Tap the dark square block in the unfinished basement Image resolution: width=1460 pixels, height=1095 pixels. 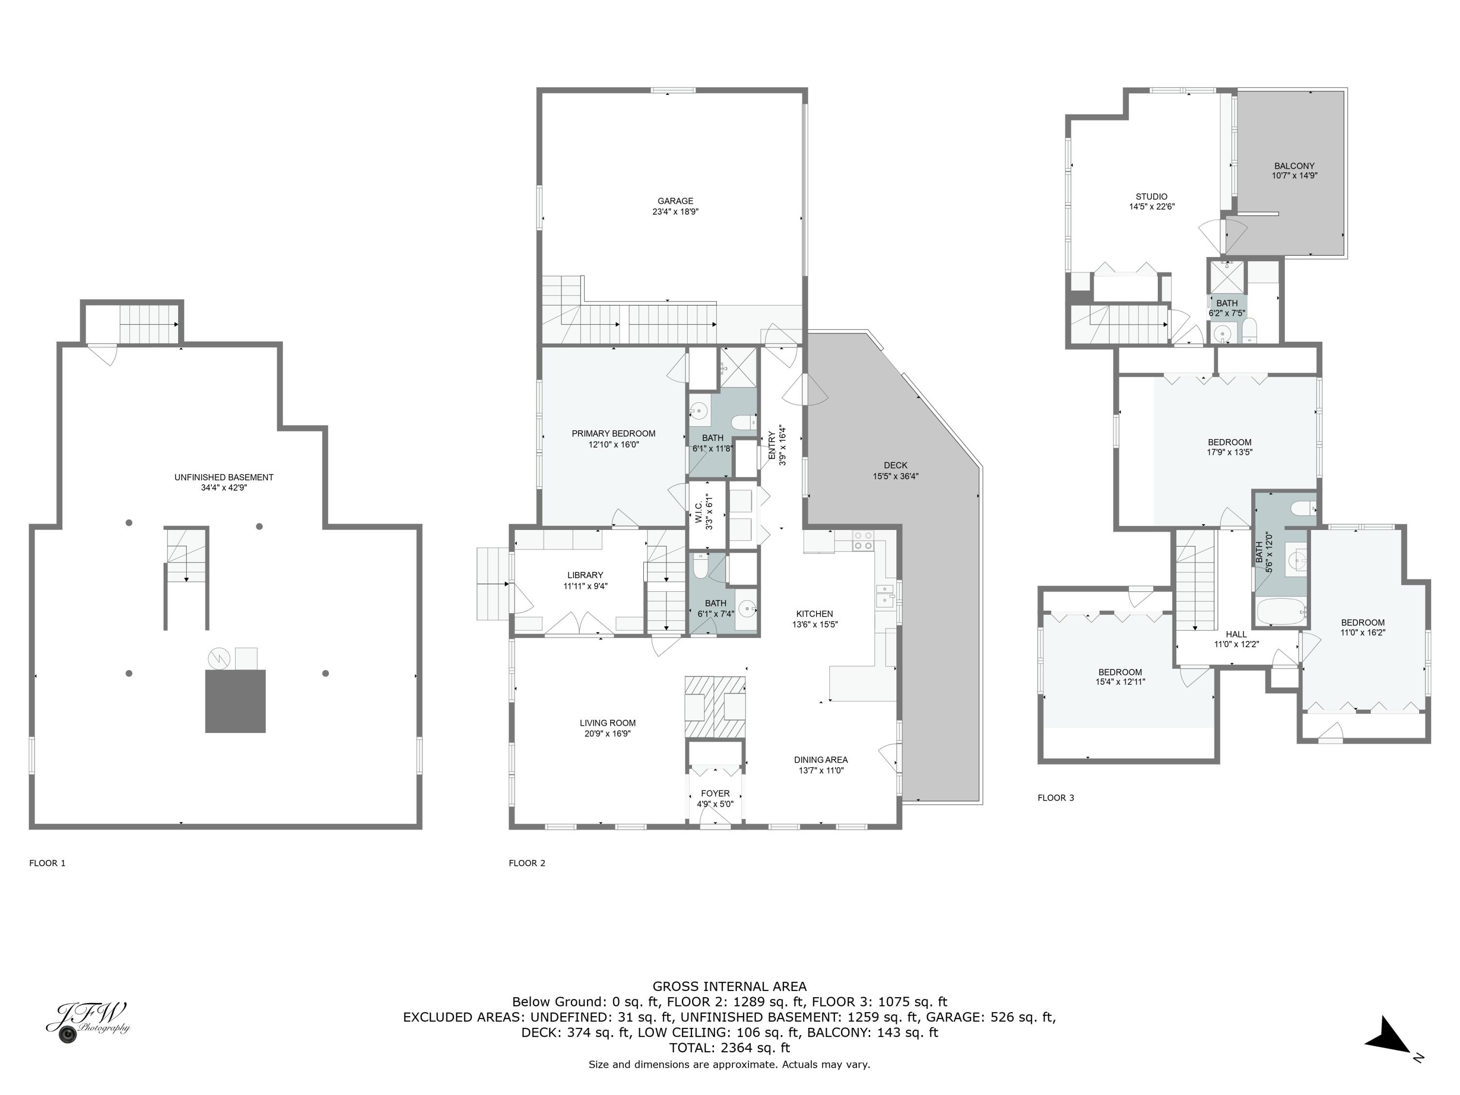pos(235,701)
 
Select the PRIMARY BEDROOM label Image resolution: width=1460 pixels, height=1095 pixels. pos(613,434)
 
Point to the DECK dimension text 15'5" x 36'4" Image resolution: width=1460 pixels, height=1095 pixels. pos(895,476)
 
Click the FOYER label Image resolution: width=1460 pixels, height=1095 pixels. pos(715,793)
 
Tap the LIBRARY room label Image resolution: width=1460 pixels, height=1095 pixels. pos(585,575)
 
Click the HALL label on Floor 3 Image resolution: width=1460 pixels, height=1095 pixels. pos(1236,634)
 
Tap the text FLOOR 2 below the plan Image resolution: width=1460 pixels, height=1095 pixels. pos(527,863)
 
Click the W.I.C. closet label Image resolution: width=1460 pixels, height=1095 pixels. pos(699,511)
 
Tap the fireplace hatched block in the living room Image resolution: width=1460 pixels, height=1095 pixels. pos(715,706)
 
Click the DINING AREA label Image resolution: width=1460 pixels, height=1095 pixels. pos(821,760)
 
